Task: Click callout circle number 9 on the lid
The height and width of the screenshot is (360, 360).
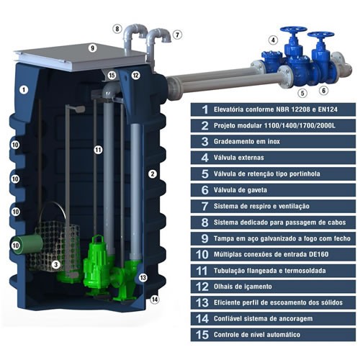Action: [x=92, y=48]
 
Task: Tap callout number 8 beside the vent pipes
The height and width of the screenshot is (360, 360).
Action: [x=117, y=29]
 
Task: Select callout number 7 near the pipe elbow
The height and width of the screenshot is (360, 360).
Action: [x=177, y=35]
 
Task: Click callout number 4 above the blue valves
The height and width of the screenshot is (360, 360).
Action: [x=273, y=40]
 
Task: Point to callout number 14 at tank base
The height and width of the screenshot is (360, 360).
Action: [x=155, y=300]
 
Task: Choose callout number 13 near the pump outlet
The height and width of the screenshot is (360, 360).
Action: [x=143, y=278]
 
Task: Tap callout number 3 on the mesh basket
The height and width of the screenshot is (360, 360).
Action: [x=56, y=265]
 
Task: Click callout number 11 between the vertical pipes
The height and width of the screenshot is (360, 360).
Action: [x=98, y=150]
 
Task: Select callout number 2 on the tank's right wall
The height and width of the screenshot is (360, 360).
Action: [x=153, y=174]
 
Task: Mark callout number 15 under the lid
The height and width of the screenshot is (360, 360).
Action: [x=112, y=76]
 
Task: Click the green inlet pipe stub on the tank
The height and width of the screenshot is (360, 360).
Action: [x=27, y=244]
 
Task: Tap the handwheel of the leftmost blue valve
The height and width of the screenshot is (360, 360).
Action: [x=293, y=30]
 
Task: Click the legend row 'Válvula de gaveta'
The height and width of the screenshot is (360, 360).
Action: [x=273, y=190]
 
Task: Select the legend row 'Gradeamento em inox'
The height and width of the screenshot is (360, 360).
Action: [x=273, y=142]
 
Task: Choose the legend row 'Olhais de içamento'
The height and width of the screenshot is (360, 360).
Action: [x=273, y=287]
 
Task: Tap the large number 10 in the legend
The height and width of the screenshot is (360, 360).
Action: [x=202, y=254]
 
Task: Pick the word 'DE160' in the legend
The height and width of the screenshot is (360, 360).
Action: [x=319, y=254]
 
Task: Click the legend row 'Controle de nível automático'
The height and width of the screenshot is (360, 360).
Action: [x=273, y=335]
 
